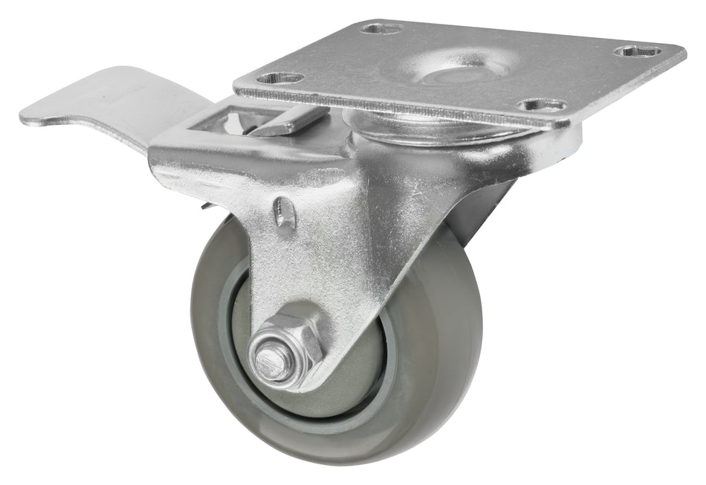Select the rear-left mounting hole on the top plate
(382, 28)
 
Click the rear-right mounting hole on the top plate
(638, 51)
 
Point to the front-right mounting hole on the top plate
(542, 105)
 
